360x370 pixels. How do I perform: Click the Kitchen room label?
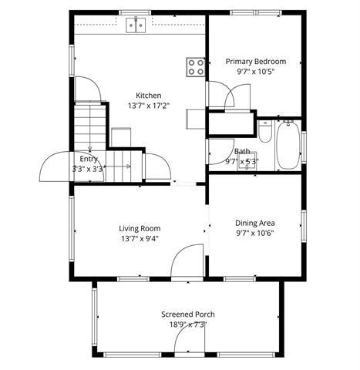pyautogui.click(x=148, y=96)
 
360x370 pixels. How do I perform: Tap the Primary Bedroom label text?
pyautogui.click(x=255, y=62)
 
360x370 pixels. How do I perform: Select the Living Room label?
pyautogui.click(x=140, y=228)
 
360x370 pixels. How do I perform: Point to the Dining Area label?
pyautogui.click(x=255, y=224)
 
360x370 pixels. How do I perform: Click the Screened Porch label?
pyautogui.click(x=187, y=314)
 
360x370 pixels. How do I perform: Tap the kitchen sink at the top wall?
pyautogui.click(x=136, y=25)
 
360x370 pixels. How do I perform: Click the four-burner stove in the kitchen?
pyautogui.click(x=196, y=67)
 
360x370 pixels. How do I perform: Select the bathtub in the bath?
pyautogui.click(x=288, y=146)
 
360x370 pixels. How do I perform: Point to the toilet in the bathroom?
pyautogui.click(x=264, y=133)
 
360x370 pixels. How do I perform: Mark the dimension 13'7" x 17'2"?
pyautogui.click(x=148, y=106)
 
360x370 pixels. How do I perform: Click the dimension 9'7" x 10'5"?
pyautogui.click(x=255, y=72)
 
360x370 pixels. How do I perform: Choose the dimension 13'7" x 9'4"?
pyautogui.click(x=140, y=239)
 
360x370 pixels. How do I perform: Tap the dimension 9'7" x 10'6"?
pyautogui.click(x=255, y=234)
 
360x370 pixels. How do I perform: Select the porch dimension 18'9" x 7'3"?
pyautogui.click(x=187, y=325)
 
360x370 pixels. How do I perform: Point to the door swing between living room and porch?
pyautogui.click(x=185, y=262)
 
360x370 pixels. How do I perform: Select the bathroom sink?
pyautogui.click(x=248, y=163)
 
